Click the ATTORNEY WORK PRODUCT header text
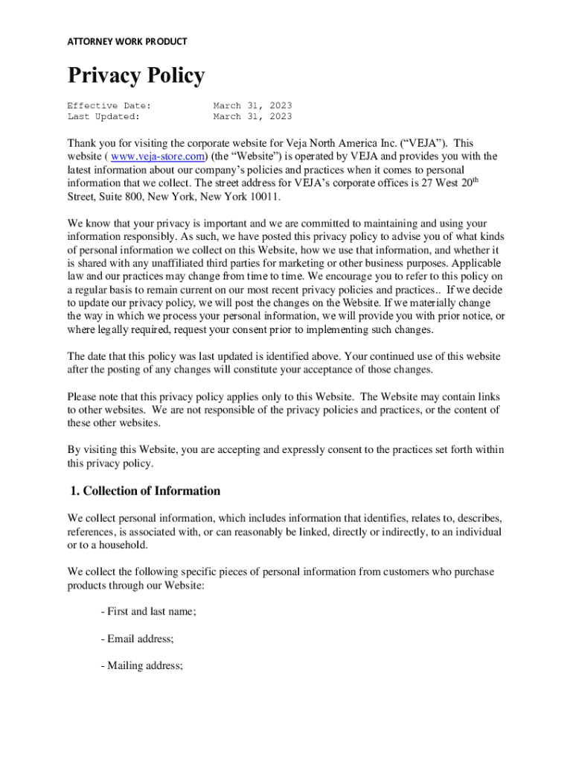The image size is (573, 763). [x=127, y=42]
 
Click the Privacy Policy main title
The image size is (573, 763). [x=135, y=76]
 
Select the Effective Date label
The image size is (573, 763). [x=109, y=106]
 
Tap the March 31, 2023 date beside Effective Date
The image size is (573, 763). [x=252, y=106]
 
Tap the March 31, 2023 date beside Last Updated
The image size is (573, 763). [x=252, y=116]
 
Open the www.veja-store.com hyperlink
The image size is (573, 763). [x=157, y=156]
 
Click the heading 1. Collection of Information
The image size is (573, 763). [x=144, y=491]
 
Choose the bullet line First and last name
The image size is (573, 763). [x=148, y=612]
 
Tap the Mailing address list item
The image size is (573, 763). [x=141, y=666]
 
